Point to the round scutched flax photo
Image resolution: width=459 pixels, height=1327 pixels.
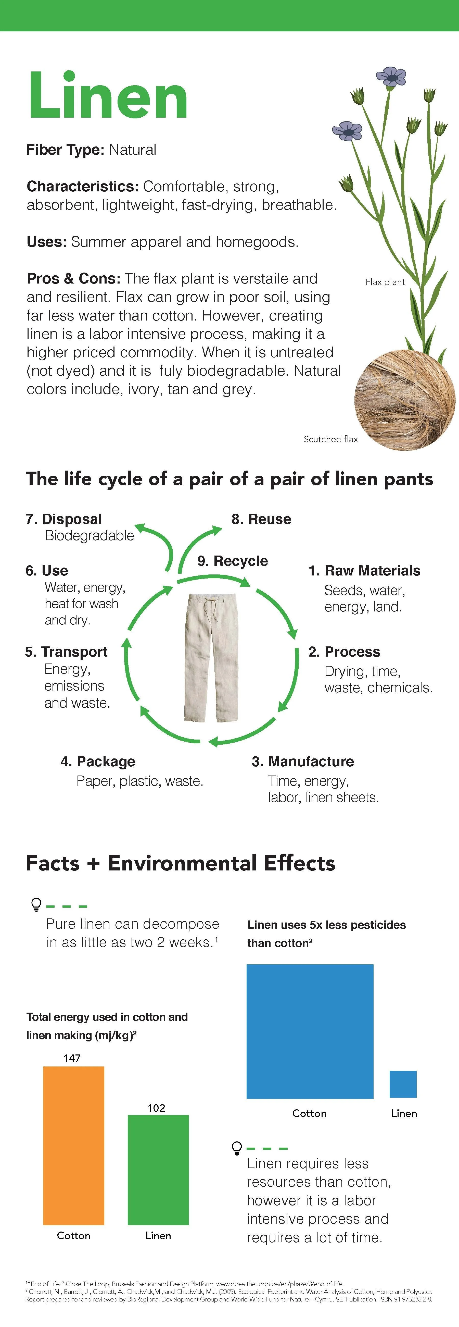tap(404, 399)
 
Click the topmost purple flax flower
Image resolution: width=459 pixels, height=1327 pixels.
tap(392, 77)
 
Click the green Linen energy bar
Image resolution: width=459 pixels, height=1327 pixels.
tap(158, 1169)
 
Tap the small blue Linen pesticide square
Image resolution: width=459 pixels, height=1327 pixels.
tap(403, 1084)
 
